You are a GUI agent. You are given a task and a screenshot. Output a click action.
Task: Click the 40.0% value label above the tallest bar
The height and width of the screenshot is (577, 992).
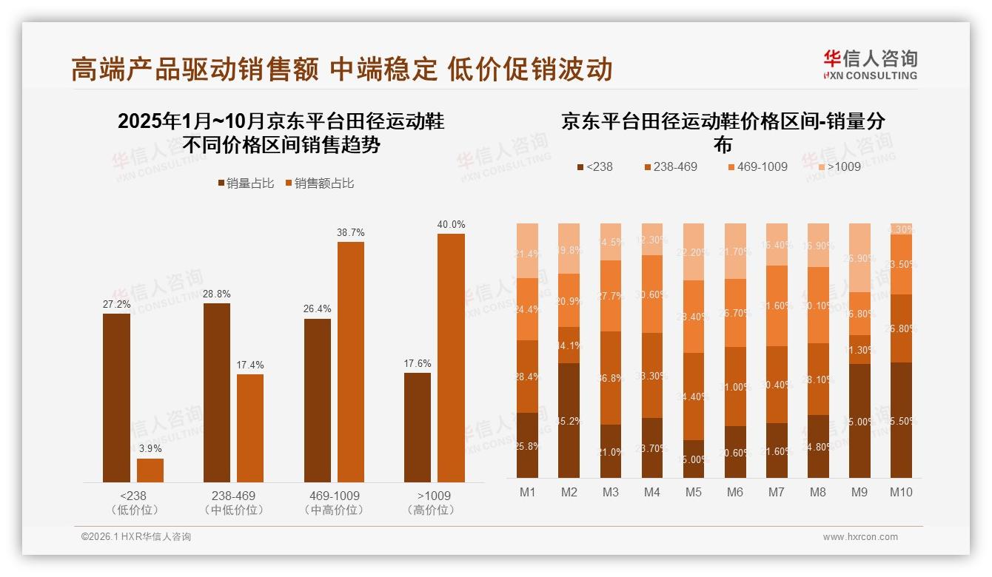pyautogui.click(x=451, y=225)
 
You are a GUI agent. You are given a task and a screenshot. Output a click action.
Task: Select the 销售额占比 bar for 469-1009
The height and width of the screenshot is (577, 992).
pyautogui.click(x=351, y=362)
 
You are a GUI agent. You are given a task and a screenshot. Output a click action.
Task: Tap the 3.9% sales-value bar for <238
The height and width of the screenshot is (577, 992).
pyautogui.click(x=150, y=470)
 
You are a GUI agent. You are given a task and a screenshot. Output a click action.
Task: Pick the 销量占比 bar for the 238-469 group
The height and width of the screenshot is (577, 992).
pyautogui.click(x=217, y=393)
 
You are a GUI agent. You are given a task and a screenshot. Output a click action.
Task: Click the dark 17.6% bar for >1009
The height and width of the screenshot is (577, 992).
pyautogui.click(x=418, y=428)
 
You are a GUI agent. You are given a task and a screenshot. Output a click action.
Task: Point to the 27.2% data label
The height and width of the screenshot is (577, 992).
pyautogui.click(x=116, y=304)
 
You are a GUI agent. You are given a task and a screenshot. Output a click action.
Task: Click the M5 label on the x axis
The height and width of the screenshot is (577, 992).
pyautogui.click(x=693, y=492)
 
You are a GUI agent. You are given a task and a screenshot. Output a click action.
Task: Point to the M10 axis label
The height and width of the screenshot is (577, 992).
pyautogui.click(x=900, y=492)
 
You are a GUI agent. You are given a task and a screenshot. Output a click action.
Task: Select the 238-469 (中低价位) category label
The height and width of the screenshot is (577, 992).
pyautogui.click(x=233, y=502)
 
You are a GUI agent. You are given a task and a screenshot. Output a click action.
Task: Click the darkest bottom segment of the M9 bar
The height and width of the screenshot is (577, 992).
pyautogui.click(x=859, y=420)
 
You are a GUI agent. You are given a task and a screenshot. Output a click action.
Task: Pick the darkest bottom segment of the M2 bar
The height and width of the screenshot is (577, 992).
pyautogui.click(x=569, y=420)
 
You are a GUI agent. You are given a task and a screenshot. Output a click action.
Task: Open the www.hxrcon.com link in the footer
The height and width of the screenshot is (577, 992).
pyautogui.click(x=860, y=537)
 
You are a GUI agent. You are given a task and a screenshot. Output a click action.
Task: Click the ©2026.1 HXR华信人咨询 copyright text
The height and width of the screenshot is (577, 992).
pyautogui.click(x=136, y=537)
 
